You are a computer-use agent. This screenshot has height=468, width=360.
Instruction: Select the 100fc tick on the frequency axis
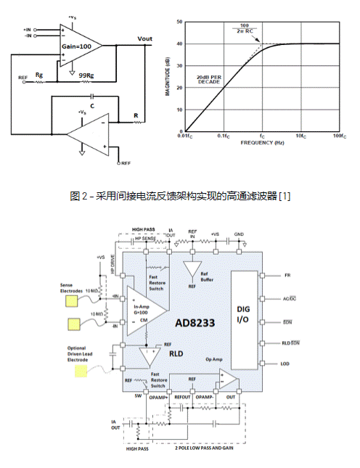tap(339, 136)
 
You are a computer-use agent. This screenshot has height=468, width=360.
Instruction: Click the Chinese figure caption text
tap(180, 197)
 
